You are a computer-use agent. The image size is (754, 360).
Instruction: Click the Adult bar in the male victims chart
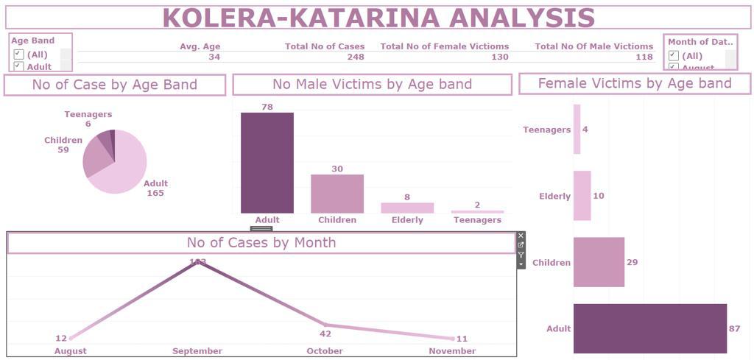267,163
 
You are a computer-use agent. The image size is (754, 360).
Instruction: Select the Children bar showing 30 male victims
337,194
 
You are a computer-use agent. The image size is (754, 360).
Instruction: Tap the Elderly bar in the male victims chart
407,208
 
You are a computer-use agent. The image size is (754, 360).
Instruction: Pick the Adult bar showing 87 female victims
649,328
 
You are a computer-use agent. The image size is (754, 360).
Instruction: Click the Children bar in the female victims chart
599,262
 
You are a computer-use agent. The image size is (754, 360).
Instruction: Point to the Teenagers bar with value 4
577,130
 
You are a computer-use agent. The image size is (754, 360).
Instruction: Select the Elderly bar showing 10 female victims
582,196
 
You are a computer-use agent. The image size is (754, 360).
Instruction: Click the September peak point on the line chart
197,261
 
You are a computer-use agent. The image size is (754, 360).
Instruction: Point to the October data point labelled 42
325,325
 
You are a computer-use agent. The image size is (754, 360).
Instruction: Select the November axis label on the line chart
451,351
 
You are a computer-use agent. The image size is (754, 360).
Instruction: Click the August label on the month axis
70,351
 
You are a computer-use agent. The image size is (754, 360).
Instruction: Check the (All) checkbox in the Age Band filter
19,54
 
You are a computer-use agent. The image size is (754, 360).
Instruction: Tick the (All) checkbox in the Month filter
673,55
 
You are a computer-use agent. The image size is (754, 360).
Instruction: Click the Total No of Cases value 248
356,57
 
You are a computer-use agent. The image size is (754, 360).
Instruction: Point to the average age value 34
214,57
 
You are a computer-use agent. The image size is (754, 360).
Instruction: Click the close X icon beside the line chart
521,236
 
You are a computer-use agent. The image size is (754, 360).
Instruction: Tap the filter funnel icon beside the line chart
521,255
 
